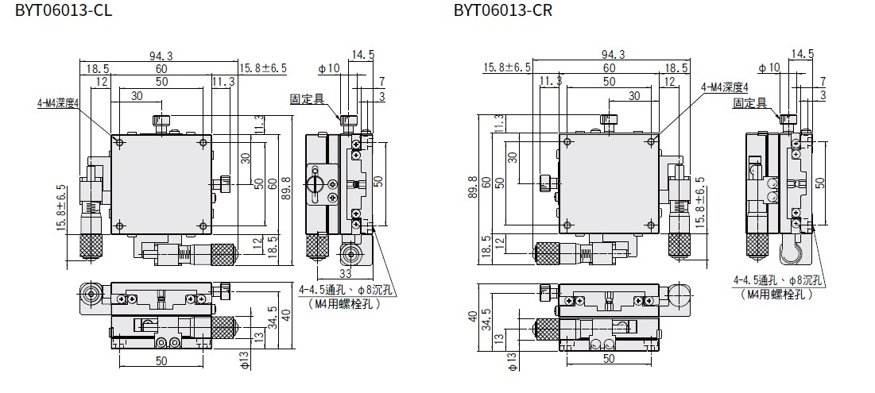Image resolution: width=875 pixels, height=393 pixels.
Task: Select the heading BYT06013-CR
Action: tap(503, 10)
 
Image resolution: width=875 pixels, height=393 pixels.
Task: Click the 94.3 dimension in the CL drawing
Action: tap(161, 55)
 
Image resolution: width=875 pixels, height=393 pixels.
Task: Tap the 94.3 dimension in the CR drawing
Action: tap(613, 55)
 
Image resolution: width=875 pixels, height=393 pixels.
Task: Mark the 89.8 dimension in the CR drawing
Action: tap(473, 189)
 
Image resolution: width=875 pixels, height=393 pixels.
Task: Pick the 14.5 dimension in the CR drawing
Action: tap(802, 54)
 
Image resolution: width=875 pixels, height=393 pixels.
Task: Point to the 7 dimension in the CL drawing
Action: tap(382, 82)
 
